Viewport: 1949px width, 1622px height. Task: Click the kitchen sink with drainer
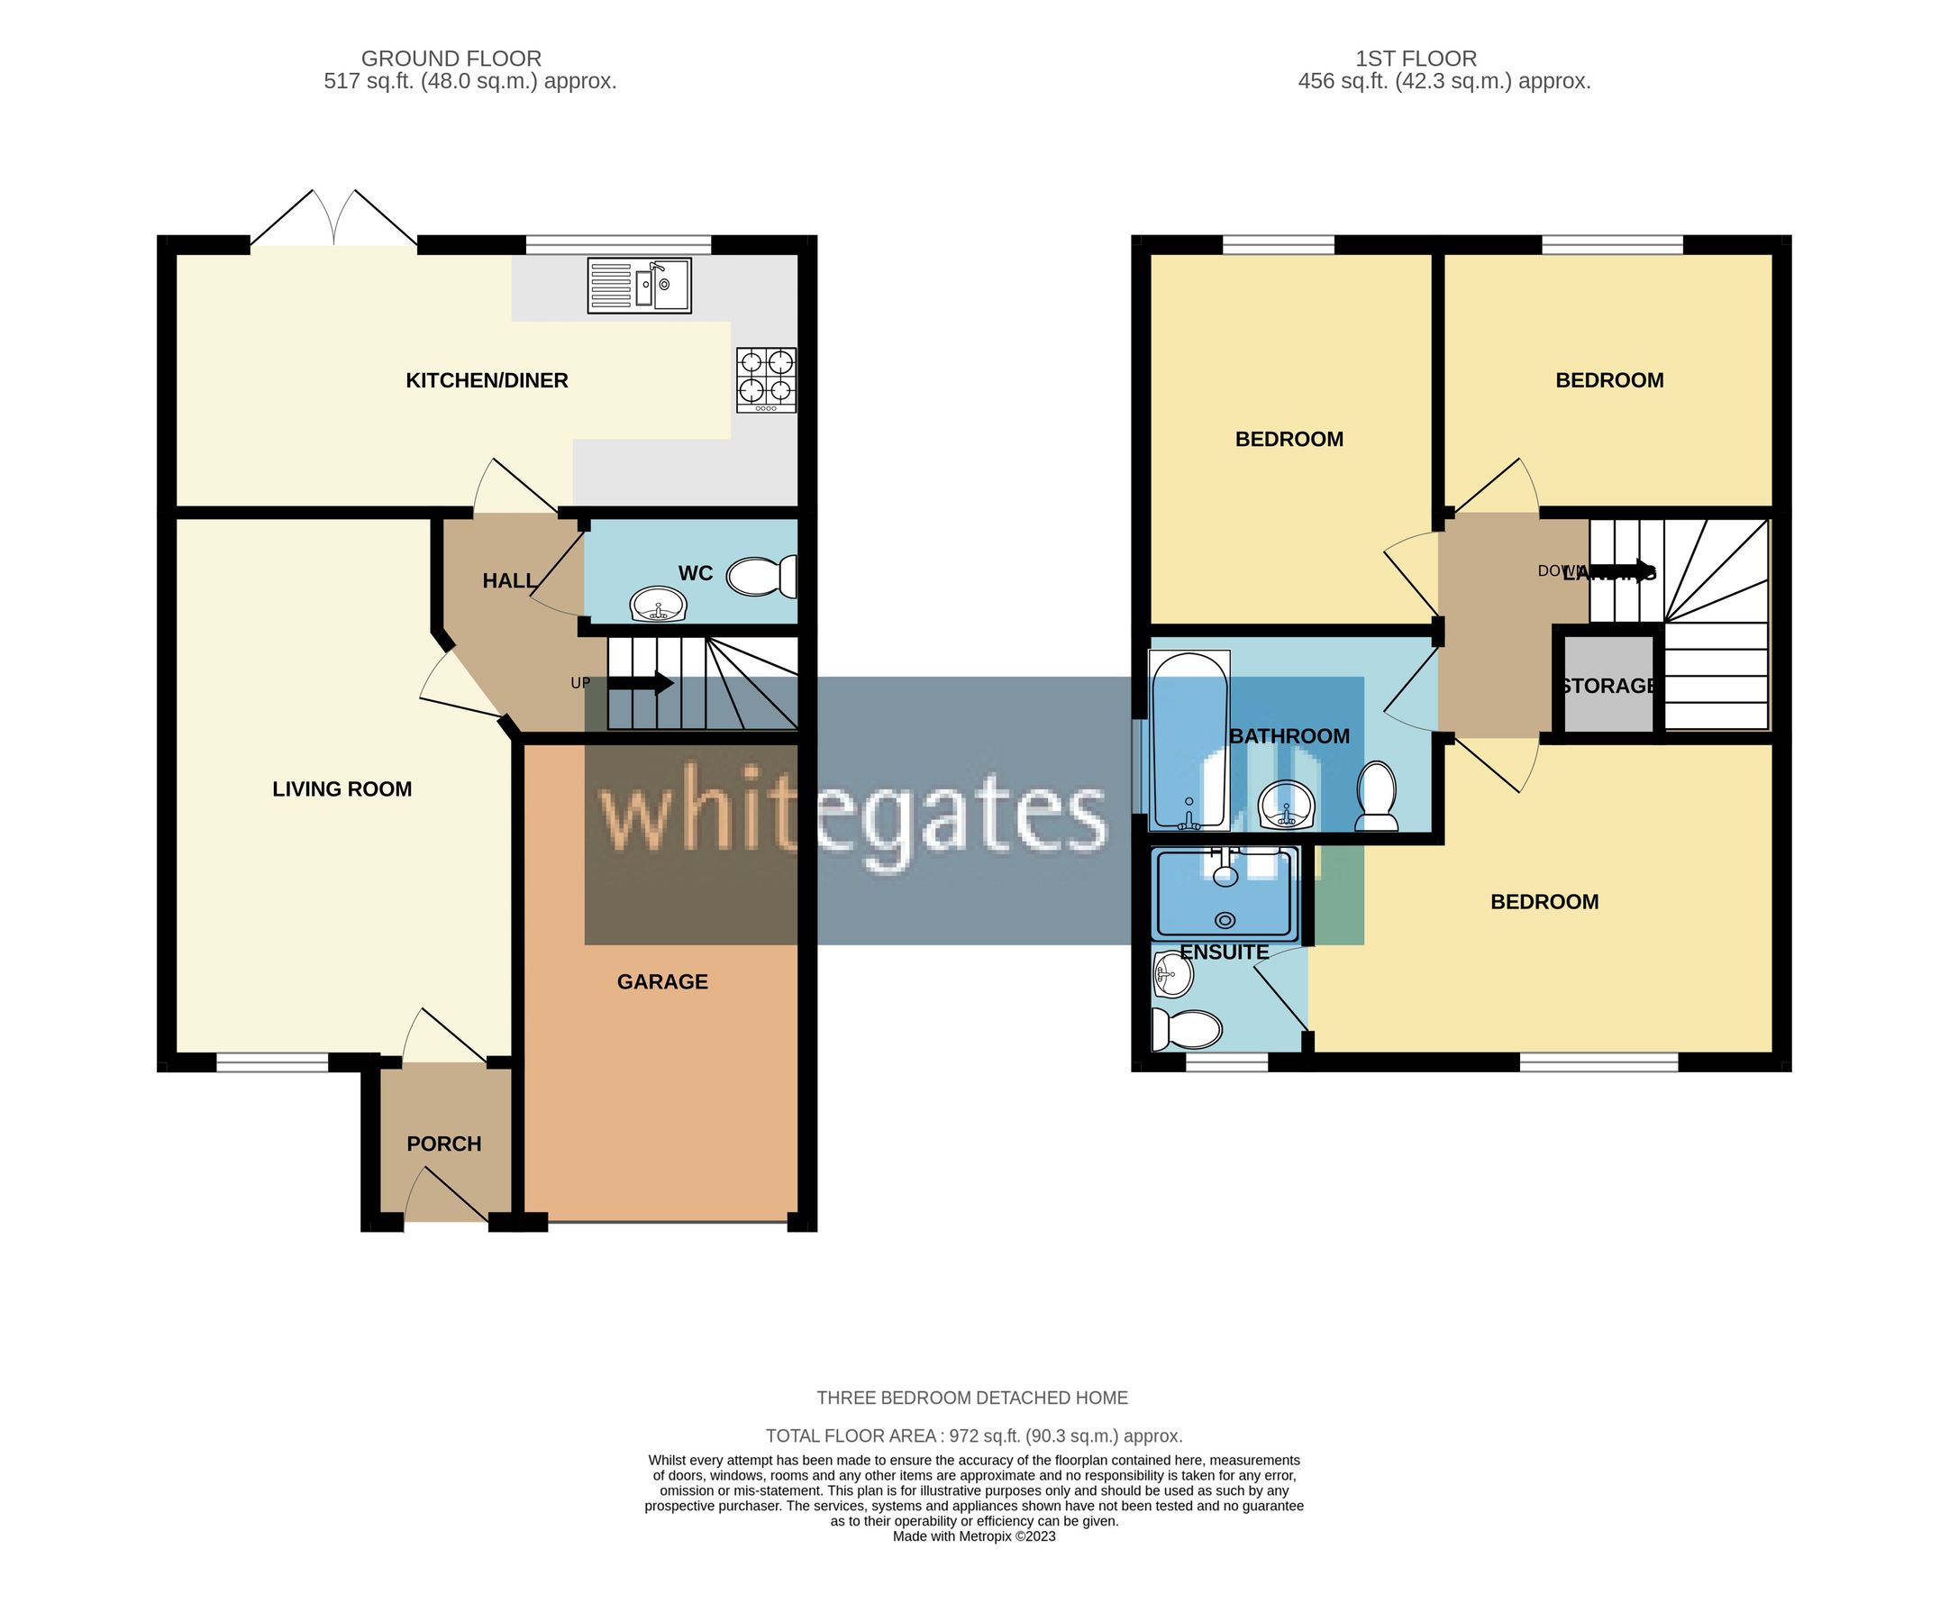(x=640, y=285)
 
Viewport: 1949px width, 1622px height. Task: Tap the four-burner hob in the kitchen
(x=766, y=379)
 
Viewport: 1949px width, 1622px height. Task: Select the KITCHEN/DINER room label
(x=487, y=380)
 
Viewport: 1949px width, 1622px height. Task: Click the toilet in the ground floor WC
(x=762, y=576)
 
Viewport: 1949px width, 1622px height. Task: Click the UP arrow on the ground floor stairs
(x=641, y=684)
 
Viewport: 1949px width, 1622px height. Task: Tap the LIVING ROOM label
(x=342, y=788)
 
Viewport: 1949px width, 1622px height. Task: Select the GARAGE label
(x=661, y=981)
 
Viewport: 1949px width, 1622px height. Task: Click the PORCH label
(x=443, y=1144)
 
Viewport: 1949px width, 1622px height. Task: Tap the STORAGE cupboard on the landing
(x=1608, y=686)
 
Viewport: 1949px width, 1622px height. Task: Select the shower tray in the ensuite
(x=1225, y=893)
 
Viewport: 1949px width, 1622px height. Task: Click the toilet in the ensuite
(x=1186, y=1028)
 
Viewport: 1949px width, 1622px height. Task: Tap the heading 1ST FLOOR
(x=1416, y=59)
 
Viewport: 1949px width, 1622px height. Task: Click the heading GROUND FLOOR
(x=451, y=59)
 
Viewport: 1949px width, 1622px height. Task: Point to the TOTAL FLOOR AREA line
(x=973, y=1435)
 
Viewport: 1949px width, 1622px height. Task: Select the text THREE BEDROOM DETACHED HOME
(x=971, y=1398)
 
